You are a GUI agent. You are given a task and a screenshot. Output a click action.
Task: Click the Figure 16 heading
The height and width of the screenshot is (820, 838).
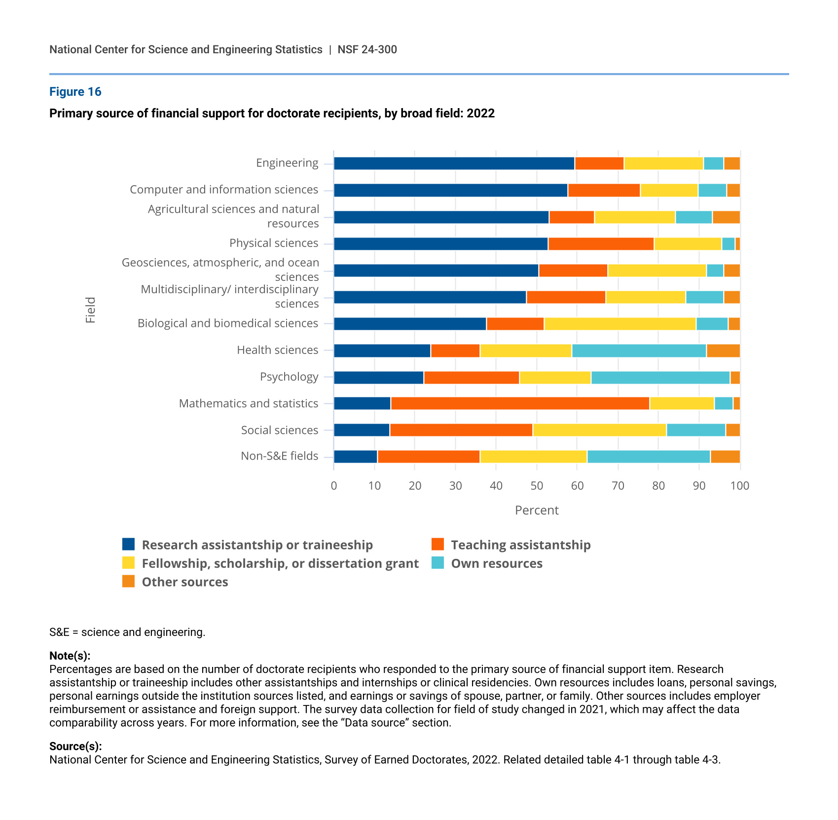coord(75,92)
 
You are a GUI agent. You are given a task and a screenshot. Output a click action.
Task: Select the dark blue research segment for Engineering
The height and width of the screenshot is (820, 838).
coord(454,163)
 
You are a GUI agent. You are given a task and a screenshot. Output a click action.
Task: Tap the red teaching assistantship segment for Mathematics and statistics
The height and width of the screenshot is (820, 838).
coord(520,403)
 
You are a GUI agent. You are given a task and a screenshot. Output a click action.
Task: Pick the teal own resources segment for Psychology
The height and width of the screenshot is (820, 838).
coord(660,378)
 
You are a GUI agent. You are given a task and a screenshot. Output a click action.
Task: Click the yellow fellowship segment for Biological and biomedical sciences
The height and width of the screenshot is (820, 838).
coord(619,324)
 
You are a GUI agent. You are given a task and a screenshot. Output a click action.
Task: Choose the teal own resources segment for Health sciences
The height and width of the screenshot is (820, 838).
coord(639,351)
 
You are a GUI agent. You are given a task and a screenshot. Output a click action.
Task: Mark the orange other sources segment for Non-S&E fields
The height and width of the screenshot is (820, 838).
coord(725,457)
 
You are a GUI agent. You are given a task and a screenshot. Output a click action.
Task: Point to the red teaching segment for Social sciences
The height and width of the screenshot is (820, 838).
coord(461,430)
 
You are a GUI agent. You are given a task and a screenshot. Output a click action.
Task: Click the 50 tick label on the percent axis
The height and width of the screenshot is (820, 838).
coord(537,486)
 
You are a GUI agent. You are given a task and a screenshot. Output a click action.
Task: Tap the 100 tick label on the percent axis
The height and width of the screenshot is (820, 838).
coord(739,486)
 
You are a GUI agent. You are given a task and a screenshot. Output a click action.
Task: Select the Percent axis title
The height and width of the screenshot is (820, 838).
coord(537,510)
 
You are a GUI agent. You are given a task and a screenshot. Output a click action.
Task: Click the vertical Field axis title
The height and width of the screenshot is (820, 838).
coord(90,310)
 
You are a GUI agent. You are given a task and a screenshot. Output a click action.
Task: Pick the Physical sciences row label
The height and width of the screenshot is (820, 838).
coord(274,243)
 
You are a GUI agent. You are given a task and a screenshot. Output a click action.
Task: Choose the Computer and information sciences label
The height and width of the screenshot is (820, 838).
coord(224,190)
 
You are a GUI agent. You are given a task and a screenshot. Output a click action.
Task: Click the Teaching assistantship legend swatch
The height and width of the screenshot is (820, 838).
coord(437,545)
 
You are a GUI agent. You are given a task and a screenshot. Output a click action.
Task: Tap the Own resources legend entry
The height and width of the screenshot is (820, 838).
coord(496,564)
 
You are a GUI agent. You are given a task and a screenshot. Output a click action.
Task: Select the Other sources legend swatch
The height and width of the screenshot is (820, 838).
coord(128,582)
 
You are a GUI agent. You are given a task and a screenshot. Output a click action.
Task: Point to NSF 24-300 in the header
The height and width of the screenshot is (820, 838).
coord(367,50)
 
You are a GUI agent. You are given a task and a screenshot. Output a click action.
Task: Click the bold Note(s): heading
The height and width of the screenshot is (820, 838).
coord(70,656)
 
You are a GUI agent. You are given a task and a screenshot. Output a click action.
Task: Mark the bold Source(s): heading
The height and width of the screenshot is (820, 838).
coord(75,746)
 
